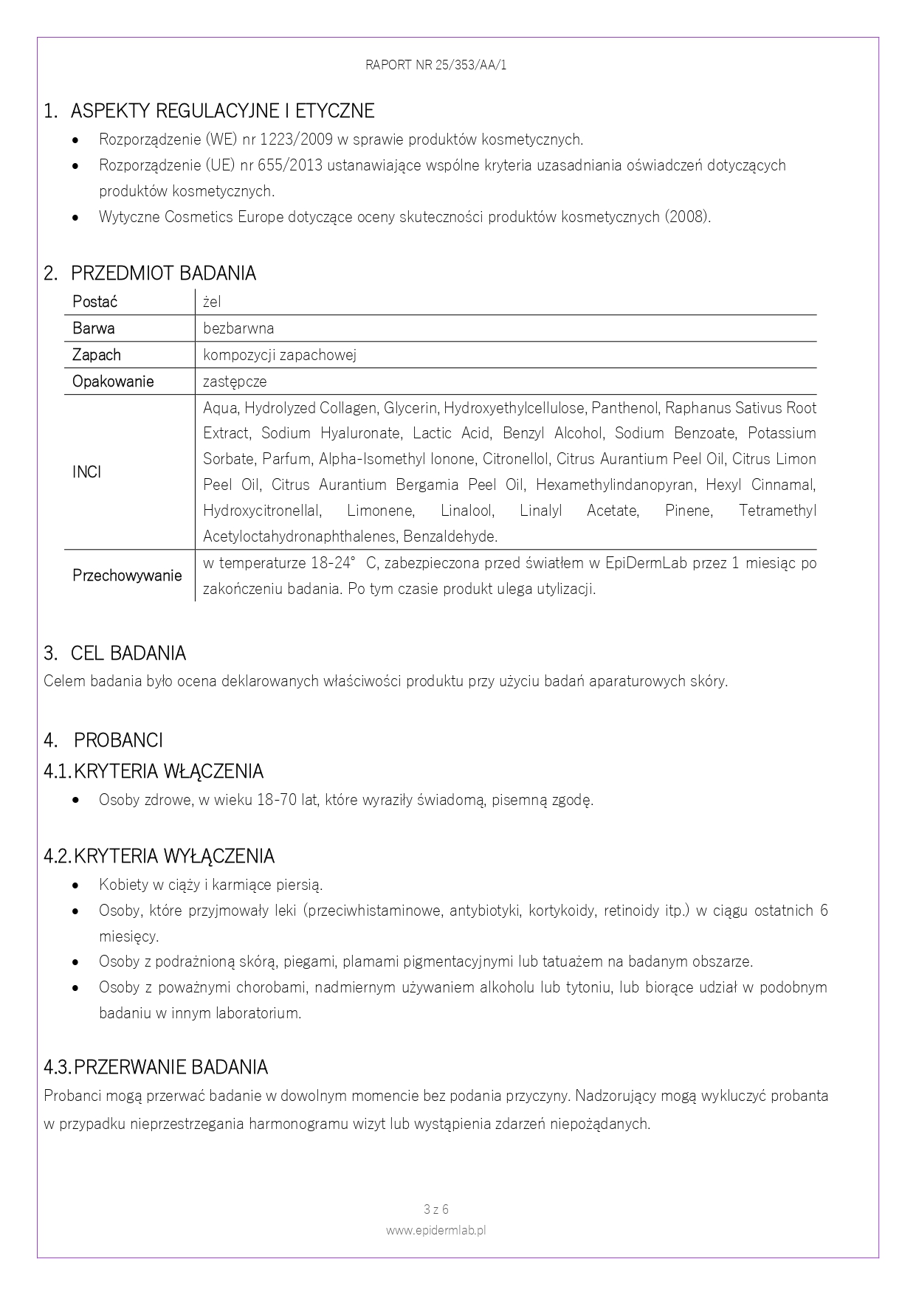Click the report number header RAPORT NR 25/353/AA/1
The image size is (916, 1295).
(435, 65)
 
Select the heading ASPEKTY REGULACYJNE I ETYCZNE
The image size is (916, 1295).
(222, 111)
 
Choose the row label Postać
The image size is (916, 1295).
(94, 302)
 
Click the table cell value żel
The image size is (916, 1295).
(212, 302)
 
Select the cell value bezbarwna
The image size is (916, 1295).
(238, 328)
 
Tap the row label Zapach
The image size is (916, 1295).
(96, 355)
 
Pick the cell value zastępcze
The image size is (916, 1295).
(235, 381)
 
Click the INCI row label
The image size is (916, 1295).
(86, 472)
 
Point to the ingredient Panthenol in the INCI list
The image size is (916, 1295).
(624, 408)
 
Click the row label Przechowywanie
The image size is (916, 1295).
(127, 576)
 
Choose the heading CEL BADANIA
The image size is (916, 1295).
(128, 654)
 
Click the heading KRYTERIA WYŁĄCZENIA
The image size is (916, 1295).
(173, 857)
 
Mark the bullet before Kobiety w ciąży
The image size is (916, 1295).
(76, 885)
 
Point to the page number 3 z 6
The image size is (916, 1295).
(436, 1209)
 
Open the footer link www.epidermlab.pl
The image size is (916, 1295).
(435, 1230)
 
